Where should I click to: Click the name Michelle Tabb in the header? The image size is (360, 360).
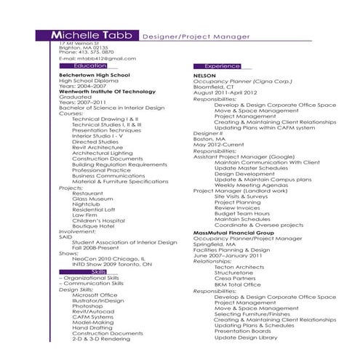point(95,35)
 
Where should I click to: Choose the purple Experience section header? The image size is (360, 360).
point(221,66)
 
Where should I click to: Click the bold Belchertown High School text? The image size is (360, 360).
point(95,74)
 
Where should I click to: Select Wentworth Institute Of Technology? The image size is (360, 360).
point(105,90)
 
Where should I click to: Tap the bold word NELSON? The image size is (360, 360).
point(205,75)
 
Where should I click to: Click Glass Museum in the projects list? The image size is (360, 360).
point(92,198)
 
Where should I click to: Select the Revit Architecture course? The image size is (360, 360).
point(97,147)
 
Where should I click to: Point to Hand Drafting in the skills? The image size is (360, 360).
point(92,327)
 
